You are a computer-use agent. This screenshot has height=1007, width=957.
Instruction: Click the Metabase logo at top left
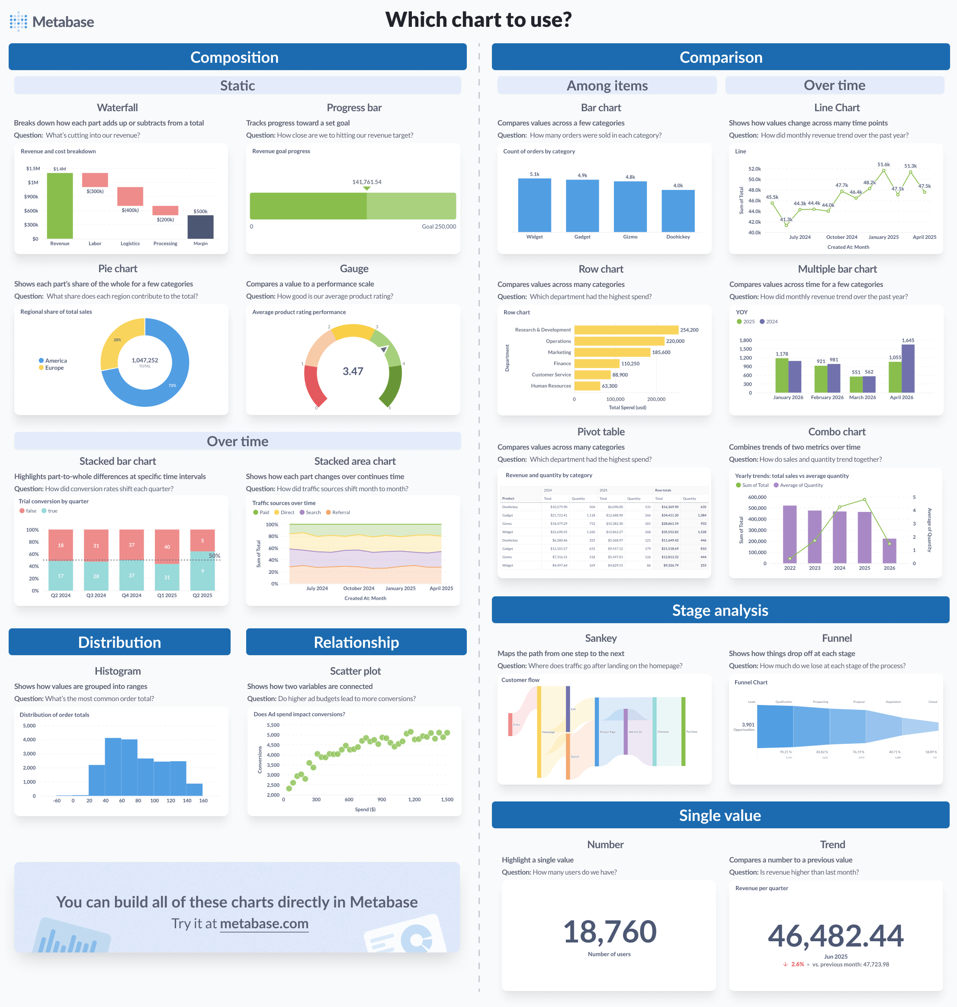point(51,22)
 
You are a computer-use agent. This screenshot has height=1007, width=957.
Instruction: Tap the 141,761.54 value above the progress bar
point(366,182)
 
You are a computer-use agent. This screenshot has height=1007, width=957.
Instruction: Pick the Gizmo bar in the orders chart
point(630,206)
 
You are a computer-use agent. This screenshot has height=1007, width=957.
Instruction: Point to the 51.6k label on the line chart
point(883,164)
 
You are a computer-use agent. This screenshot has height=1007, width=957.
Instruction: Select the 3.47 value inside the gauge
point(353,371)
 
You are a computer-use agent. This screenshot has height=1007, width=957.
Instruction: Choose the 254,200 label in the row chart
point(689,330)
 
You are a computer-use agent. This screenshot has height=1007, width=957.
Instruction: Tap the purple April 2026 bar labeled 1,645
point(908,368)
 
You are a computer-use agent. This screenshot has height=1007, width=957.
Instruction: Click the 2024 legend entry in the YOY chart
point(769,322)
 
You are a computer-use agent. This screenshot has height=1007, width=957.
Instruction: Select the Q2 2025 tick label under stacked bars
point(202,595)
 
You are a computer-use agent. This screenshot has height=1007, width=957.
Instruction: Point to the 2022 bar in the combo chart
point(790,534)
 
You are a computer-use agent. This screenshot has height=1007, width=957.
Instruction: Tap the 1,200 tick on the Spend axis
point(414,799)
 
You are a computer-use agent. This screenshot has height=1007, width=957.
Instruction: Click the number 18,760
point(610,932)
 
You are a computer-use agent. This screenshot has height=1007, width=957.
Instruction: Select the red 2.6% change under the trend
point(797,964)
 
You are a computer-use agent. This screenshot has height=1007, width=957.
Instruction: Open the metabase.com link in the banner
point(264,924)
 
